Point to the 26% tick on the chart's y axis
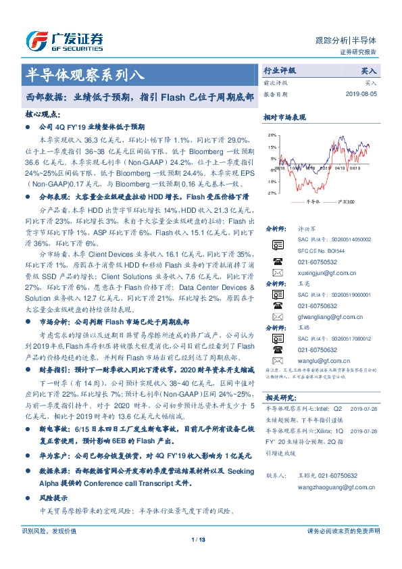coord(272,136)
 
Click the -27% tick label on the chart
coord(271,193)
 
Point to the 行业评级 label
coord(279,70)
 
